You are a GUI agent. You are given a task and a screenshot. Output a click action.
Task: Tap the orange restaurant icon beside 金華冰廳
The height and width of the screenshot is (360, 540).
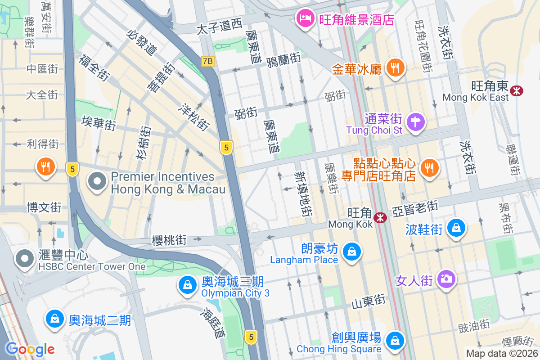point(396,68)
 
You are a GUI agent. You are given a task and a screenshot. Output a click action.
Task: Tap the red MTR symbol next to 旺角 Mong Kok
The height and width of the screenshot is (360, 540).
point(381,218)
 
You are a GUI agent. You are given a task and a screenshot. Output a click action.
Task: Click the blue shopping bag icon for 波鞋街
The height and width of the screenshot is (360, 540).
point(456,228)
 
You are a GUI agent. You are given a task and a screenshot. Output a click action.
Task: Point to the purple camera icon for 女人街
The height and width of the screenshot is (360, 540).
point(446,279)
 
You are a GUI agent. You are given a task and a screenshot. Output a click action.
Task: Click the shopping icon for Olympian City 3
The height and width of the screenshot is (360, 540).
point(187,284)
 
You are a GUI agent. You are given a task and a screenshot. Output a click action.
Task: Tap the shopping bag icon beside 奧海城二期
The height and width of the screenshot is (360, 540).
point(54,319)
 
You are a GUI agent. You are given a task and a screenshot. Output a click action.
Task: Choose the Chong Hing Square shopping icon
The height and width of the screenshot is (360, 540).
point(395,340)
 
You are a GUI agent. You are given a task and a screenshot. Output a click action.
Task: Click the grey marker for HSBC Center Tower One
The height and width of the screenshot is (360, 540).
point(25,259)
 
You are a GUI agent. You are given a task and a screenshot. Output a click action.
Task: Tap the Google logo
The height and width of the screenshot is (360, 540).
point(30,349)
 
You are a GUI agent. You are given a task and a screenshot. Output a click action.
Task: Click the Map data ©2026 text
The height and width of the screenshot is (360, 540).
point(501,353)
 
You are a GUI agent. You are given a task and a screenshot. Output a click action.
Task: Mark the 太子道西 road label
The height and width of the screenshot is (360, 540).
point(220,27)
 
